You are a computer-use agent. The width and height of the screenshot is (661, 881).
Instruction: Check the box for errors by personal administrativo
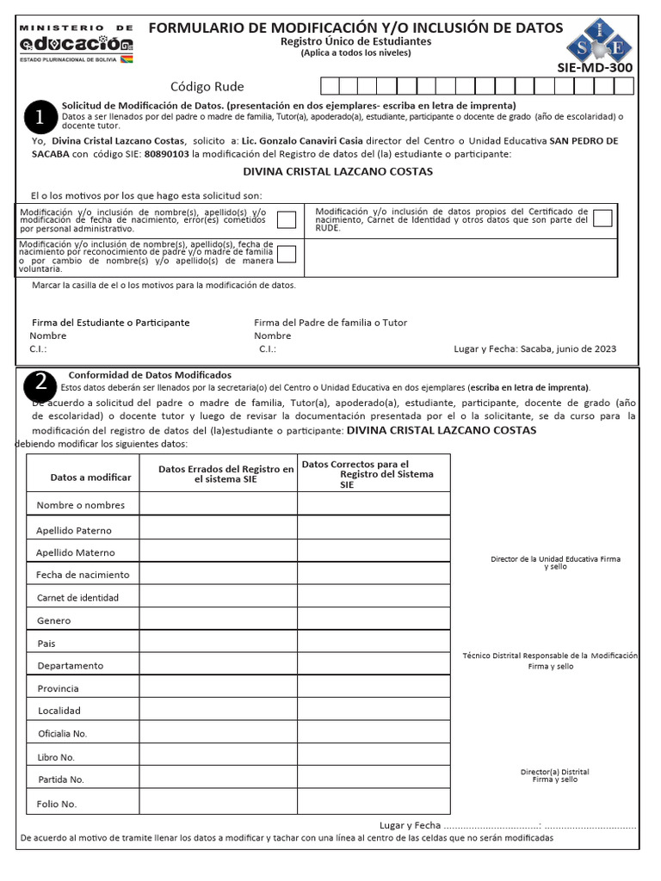287,219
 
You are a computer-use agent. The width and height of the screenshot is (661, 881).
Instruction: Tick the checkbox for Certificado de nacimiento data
602,218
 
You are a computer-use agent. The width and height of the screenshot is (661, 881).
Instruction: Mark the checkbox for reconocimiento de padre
287,254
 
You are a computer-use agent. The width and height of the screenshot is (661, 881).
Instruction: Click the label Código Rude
207,87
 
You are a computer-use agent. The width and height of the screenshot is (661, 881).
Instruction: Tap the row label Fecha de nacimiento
83,574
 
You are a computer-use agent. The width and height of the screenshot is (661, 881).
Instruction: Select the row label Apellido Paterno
74,530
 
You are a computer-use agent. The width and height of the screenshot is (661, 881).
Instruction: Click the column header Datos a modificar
90,477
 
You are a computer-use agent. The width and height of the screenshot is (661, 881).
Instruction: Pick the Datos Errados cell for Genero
219,619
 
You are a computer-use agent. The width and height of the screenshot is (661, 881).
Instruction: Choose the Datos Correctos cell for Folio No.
374,803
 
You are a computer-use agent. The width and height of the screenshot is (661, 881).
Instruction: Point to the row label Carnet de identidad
77,597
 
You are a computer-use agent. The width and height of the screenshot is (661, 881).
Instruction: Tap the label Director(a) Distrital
554,772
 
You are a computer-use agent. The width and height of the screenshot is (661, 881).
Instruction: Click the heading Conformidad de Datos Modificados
150,375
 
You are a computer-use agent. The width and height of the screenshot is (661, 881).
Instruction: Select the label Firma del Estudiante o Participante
110,323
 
